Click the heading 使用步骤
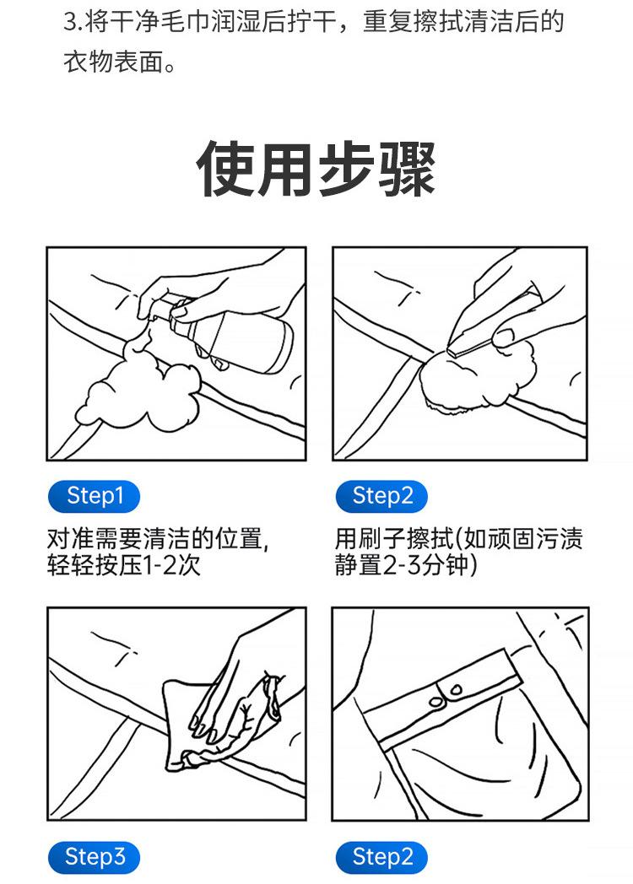coord(316,169)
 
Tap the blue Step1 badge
coord(94,496)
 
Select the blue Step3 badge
coord(94,857)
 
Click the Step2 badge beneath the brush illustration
coord(381,496)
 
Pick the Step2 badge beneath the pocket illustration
coord(381,857)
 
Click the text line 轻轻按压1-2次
coord(123,565)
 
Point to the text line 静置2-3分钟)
coord(406,565)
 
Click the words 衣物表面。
coord(119,62)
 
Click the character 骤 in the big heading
coord(408,169)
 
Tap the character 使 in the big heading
coord(225,169)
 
